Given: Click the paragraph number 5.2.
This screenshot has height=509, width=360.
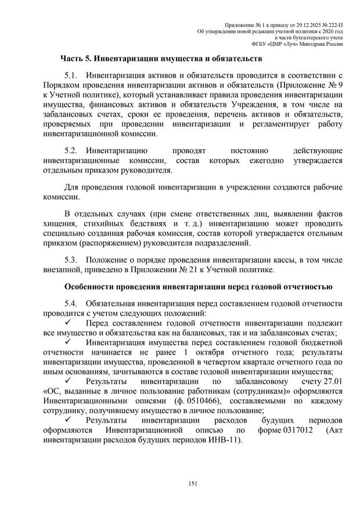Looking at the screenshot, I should click(x=71, y=151).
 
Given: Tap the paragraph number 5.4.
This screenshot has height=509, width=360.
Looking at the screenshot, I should click(x=71, y=303).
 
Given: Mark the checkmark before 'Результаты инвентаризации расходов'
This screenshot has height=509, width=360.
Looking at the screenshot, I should click(x=68, y=420).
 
